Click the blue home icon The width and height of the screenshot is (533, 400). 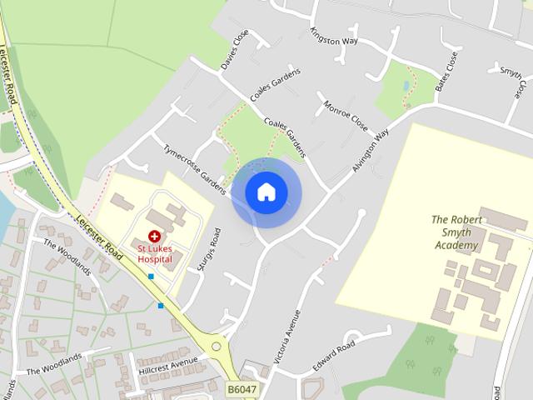point(266,192)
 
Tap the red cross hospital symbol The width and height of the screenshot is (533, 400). point(154,237)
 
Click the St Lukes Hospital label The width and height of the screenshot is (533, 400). point(155,253)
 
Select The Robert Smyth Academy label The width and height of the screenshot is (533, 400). point(456,232)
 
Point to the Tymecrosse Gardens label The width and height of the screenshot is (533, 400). point(195,167)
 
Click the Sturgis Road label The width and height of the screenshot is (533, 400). point(213,251)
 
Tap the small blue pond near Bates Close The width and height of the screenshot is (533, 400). point(406,87)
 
